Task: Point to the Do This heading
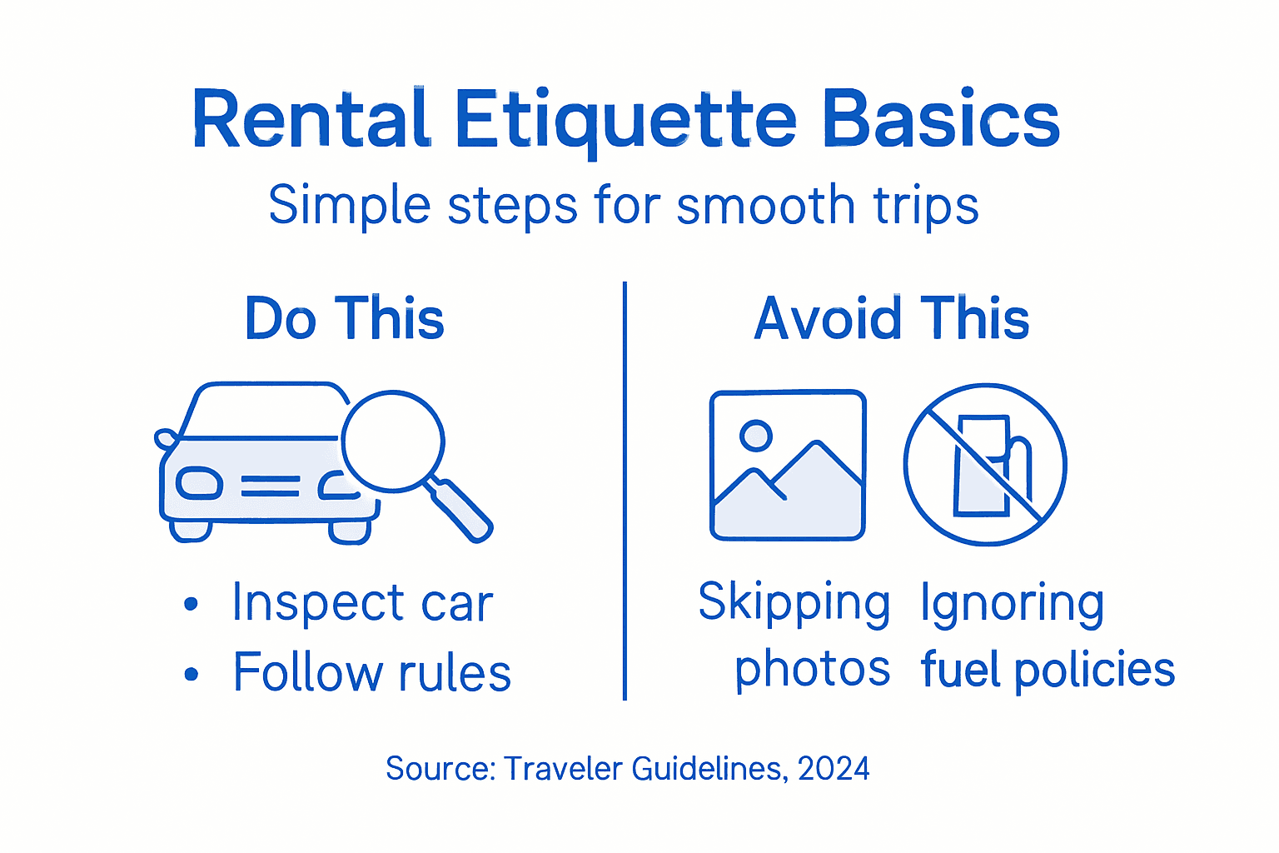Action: tap(345, 319)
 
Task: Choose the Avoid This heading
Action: tap(892, 319)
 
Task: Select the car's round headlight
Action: tap(198, 484)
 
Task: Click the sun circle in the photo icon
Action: tap(756, 435)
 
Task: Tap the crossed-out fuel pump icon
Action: tap(985, 465)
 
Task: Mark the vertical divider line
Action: tap(625, 491)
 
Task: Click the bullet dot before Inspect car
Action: tap(192, 603)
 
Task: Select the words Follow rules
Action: tap(371, 673)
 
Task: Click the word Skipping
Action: tap(794, 602)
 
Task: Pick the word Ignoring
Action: tap(1012, 602)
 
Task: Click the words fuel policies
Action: tap(1048, 670)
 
